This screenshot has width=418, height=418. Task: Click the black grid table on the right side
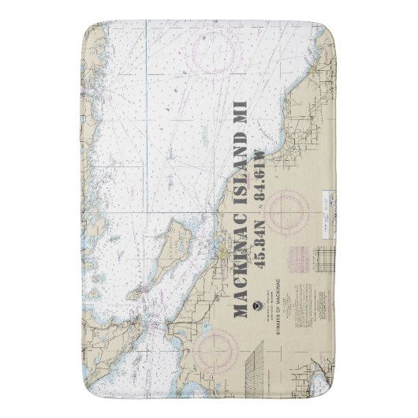pyautogui.click(x=326, y=263)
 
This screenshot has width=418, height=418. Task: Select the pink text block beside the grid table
pyautogui.click(x=302, y=260)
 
